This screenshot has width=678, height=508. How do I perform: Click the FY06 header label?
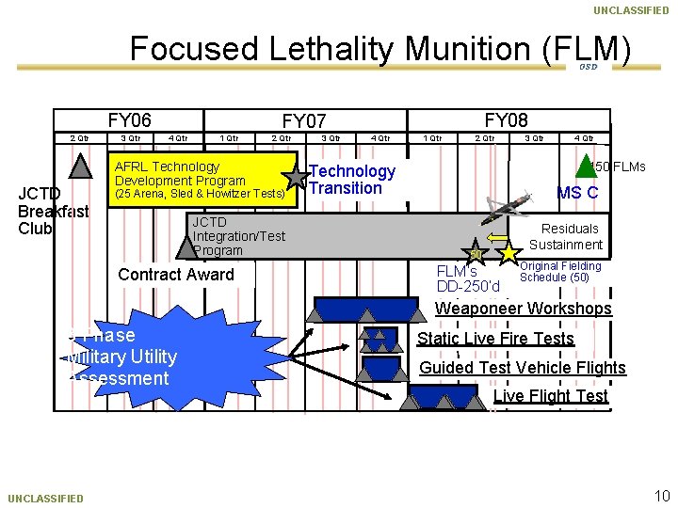pyautogui.click(x=129, y=119)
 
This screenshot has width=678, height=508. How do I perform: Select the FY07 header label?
pyautogui.click(x=304, y=121)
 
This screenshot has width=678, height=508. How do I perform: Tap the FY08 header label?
pyautogui.click(x=506, y=119)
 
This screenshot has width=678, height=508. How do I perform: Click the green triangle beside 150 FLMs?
pyautogui.click(x=585, y=166)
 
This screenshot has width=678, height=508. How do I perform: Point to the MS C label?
pyautogui.click(x=577, y=193)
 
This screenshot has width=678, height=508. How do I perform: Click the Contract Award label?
pyautogui.click(x=175, y=275)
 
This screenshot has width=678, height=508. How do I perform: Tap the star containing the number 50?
pyautogui.click(x=476, y=254)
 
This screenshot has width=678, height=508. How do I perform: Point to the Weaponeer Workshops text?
pyautogui.click(x=523, y=309)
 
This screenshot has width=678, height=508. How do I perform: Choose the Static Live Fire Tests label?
pyautogui.click(x=495, y=339)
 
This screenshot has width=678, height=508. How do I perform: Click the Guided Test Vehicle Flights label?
pyautogui.click(x=522, y=368)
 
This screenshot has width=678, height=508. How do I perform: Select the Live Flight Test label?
pyautogui.click(x=551, y=396)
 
